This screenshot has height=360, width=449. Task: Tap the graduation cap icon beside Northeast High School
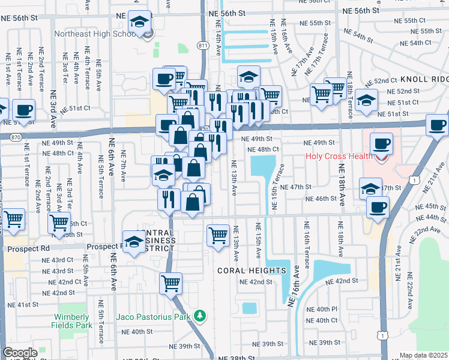[x=139, y=23]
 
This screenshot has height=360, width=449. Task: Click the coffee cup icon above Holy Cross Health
[x=381, y=144]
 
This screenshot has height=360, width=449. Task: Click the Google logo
[x=20, y=353]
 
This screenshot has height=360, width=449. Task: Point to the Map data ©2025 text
[x=424, y=355]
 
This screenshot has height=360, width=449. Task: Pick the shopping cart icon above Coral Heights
[x=218, y=234]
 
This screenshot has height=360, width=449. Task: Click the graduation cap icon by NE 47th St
[x=371, y=188]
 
